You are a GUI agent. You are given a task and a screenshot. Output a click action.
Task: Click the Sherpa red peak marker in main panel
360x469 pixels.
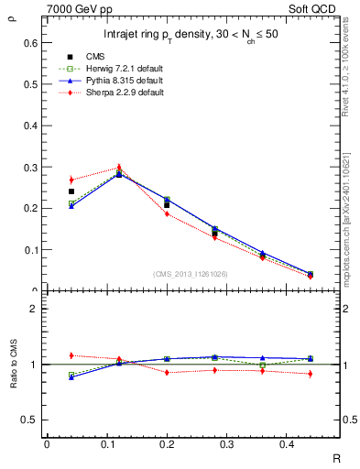pyautogui.click(x=119, y=168)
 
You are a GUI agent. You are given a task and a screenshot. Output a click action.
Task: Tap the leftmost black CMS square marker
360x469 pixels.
pyautogui.click(x=71, y=191)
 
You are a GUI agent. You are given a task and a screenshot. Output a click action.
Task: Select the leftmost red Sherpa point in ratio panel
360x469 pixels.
pyautogui.click(x=71, y=354)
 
